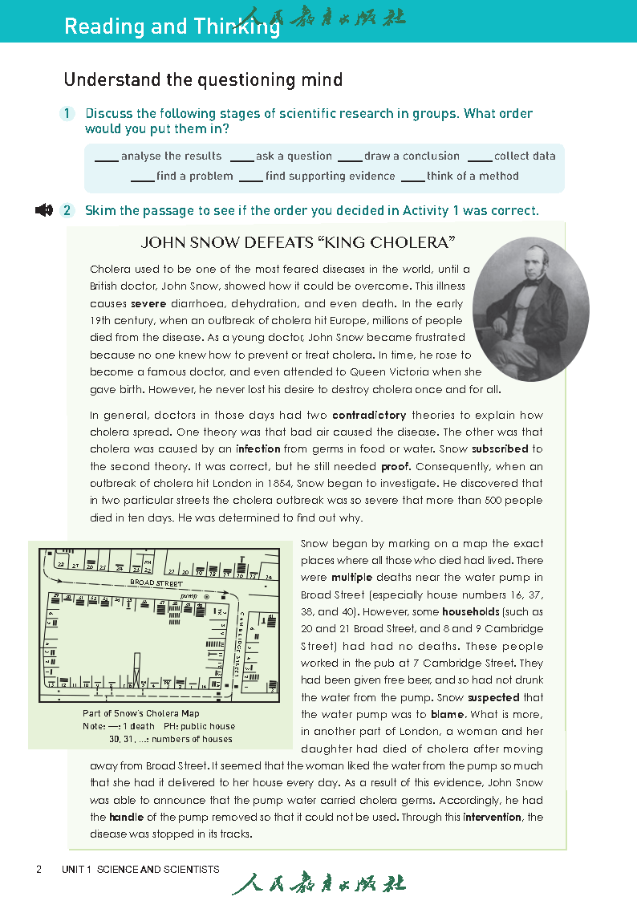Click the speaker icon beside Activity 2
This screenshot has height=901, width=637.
pyautogui.click(x=44, y=210)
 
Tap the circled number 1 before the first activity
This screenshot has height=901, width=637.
pyautogui.click(x=68, y=114)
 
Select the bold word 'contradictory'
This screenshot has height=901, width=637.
pyautogui.click(x=369, y=416)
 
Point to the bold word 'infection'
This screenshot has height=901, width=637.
pyautogui.click(x=258, y=449)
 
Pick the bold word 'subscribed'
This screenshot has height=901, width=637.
pyautogui.click(x=500, y=449)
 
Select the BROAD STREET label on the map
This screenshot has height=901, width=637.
pyautogui.click(x=157, y=583)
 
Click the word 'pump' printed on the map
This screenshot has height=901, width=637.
pyautogui.click(x=189, y=597)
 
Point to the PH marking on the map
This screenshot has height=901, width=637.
pyautogui.click(x=148, y=562)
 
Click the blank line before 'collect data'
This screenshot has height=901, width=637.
pyautogui.click(x=479, y=157)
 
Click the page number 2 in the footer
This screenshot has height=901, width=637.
pyautogui.click(x=39, y=869)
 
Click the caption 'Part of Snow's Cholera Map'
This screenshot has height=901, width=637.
pyautogui.click(x=141, y=713)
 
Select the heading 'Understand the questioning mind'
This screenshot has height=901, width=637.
pyautogui.click(x=203, y=79)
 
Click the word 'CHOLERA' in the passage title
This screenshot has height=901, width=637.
pyautogui.click(x=407, y=241)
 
